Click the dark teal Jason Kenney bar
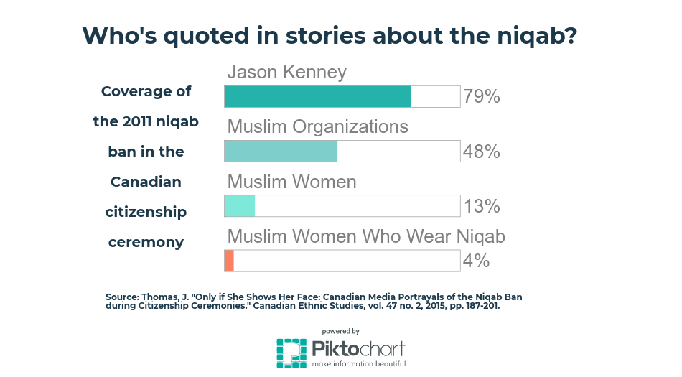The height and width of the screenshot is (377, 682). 317,96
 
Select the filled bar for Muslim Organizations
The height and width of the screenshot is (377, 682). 281,152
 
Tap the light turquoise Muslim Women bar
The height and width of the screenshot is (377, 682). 240,206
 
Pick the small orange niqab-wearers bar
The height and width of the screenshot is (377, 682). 229,261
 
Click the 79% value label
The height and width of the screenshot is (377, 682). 482,96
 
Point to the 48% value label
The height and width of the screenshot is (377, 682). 482,152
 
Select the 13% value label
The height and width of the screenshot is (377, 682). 482,206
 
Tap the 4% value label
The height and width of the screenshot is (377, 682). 476,261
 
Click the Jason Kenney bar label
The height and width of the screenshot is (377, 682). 287,73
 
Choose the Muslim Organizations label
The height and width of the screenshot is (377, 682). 318,127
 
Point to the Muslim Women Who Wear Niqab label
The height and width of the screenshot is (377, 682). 366,236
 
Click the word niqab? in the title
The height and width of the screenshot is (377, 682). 537,36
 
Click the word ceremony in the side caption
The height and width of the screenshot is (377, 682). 146,242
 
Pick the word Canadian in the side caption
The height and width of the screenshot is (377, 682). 146,182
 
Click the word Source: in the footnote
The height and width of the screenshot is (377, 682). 123,297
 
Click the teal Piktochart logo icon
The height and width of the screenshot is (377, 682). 292,353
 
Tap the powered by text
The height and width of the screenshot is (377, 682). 341,331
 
